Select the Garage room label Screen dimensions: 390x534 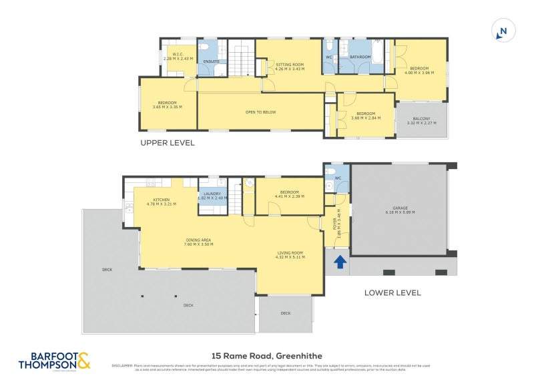click(400, 210)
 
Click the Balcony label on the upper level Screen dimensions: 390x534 click(421, 121)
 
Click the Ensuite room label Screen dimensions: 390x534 click(212, 61)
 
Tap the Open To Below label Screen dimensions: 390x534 click(260, 112)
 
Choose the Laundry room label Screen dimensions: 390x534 click(213, 196)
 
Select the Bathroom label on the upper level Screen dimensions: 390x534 click(360, 57)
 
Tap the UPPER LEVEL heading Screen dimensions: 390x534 click(167, 143)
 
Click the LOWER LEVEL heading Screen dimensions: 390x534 click(392, 292)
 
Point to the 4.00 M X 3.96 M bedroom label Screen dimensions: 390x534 click(419, 70)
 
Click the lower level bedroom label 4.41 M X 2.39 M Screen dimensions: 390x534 click(290, 194)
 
